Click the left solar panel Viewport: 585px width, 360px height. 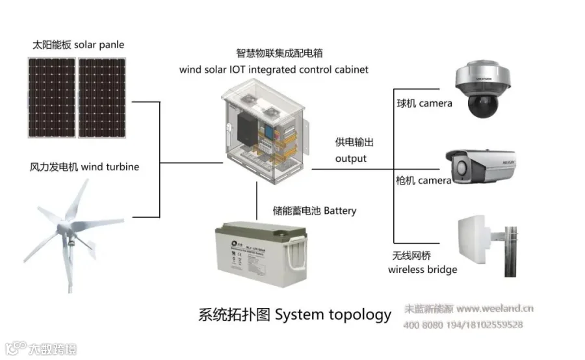click(51, 97)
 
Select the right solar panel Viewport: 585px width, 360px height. click(103, 97)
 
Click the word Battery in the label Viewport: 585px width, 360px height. click(339, 211)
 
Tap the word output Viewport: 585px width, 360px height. click(350, 159)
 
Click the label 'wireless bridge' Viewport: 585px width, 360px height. click(422, 270)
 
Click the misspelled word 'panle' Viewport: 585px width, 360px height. click(112, 45)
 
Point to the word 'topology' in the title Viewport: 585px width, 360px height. click(359, 315)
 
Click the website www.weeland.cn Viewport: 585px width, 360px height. click(495, 309)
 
